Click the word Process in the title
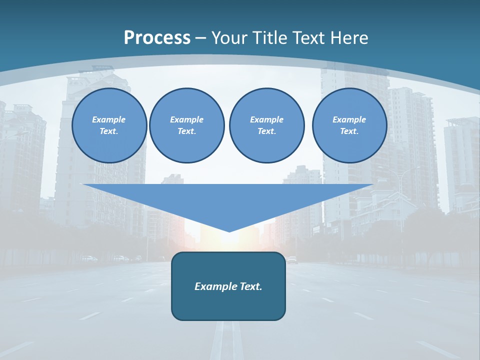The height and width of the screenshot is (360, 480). [x=157, y=38]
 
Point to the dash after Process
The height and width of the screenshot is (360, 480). [x=200, y=38]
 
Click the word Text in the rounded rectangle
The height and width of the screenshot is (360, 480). [x=251, y=286]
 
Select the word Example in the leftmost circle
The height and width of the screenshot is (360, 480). [x=109, y=119]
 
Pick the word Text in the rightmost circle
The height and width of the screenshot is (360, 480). [x=349, y=131]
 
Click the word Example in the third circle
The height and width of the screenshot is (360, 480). [x=266, y=119]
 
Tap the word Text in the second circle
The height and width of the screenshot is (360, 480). [x=186, y=131]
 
